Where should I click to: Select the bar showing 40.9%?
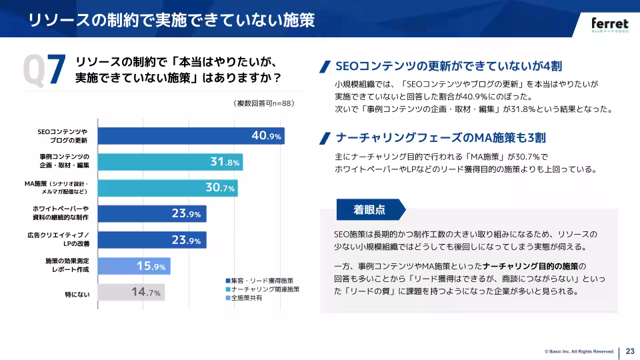[191, 136]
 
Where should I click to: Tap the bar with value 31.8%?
[170, 162]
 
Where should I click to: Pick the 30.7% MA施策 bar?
[168, 188]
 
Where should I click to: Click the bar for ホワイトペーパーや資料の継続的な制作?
[152, 214]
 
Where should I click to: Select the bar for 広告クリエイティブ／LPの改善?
[152, 240]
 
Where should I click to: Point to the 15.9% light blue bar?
[134, 266]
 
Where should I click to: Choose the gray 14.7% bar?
[131, 292]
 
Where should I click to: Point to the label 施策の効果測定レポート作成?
[67, 266]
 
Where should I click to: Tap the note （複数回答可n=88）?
[264, 103]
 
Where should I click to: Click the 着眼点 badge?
[369, 209]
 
